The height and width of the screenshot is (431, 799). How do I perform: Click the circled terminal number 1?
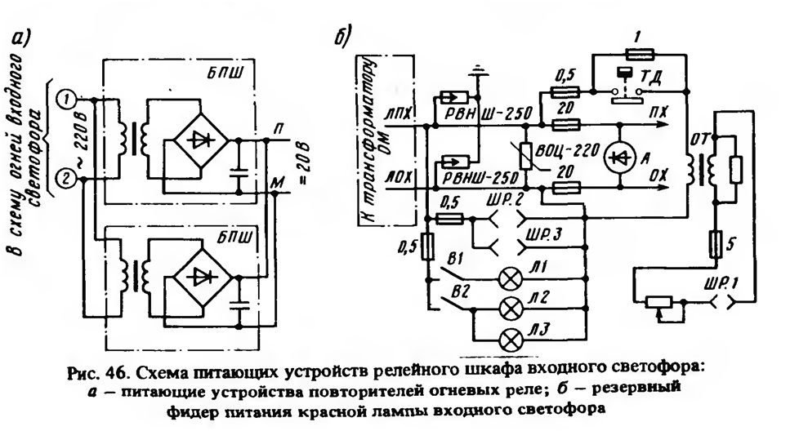click(66, 99)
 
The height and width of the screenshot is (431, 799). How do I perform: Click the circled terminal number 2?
click(66, 179)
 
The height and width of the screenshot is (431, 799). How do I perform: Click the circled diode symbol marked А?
click(618, 157)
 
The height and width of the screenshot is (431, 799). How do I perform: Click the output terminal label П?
click(279, 128)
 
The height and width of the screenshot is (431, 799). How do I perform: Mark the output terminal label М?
click(278, 182)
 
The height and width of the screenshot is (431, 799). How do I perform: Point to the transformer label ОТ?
click(698, 138)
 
